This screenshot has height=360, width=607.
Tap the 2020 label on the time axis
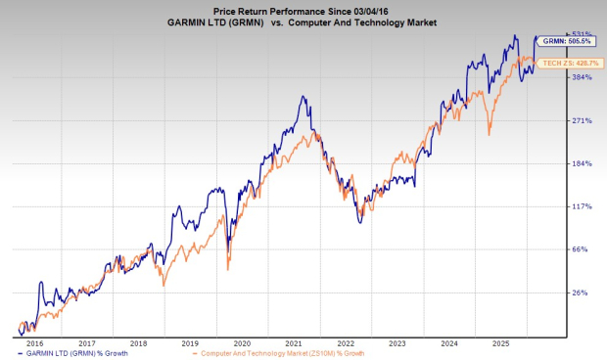tap(242, 342)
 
